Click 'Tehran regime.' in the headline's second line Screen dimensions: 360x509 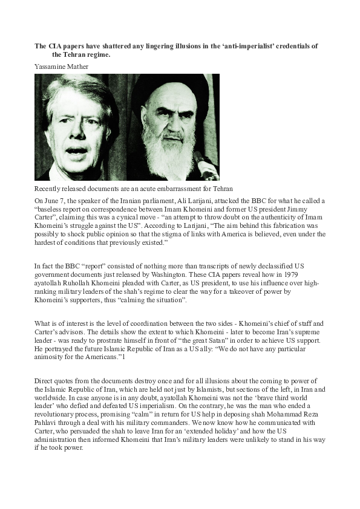(82, 54)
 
